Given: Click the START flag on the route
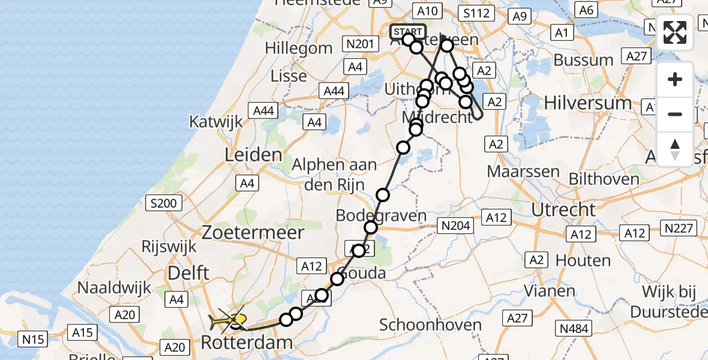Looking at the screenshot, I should [x=408, y=32].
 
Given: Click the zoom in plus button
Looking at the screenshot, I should [x=675, y=80].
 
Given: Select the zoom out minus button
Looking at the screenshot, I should [x=675, y=114].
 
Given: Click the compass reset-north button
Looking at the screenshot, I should [x=675, y=149].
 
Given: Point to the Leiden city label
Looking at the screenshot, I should [x=253, y=155].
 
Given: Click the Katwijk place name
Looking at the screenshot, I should [x=216, y=121].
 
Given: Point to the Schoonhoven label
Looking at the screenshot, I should [x=431, y=325].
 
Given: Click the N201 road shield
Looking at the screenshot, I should [x=361, y=43].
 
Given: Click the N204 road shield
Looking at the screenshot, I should [x=455, y=226].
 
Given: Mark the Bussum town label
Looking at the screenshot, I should [x=583, y=60].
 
